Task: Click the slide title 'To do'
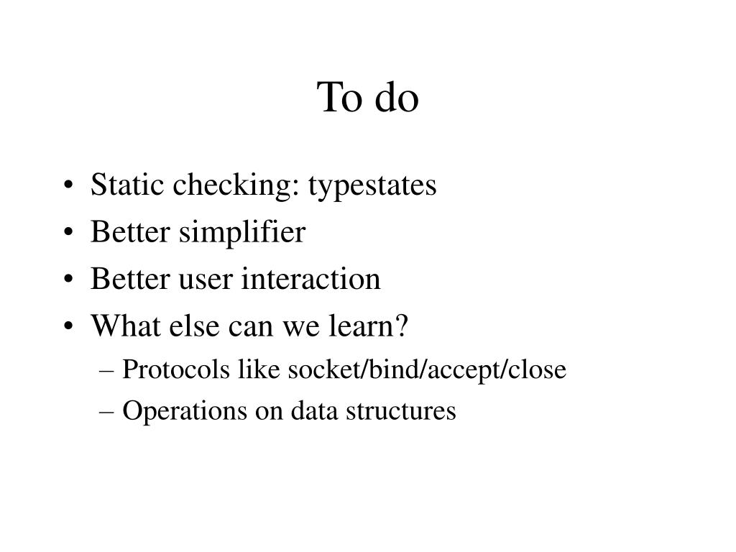click(x=367, y=98)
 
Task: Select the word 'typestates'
click(x=372, y=185)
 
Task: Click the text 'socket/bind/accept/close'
click(x=427, y=370)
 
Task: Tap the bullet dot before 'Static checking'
click(x=68, y=186)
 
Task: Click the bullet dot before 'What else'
click(x=68, y=327)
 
